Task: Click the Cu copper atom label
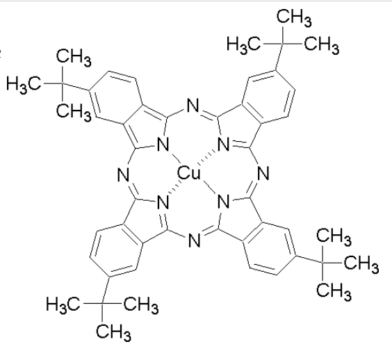pyautogui.click(x=189, y=173)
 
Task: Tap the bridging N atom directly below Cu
pyautogui.click(x=194, y=240)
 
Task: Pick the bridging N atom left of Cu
pyautogui.click(x=123, y=174)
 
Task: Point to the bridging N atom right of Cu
pyautogui.click(x=263, y=173)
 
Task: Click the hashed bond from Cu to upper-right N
pyautogui.click(x=206, y=158)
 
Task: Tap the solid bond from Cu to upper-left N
pyautogui.click(x=176, y=158)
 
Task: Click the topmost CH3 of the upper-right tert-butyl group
pyautogui.click(x=294, y=17)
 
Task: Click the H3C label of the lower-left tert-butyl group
pyautogui.click(x=63, y=304)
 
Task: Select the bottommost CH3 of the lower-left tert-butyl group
pyautogui.click(x=113, y=332)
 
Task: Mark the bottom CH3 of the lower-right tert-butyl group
pyautogui.click(x=334, y=291)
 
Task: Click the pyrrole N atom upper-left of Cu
pyautogui.click(x=163, y=145)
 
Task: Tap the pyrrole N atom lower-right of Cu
pyautogui.click(x=224, y=202)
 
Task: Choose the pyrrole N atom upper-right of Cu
pyautogui.click(x=224, y=145)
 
